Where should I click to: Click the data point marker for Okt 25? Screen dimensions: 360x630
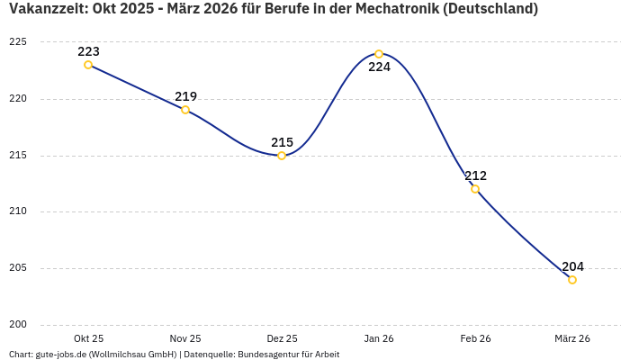coord(88,65)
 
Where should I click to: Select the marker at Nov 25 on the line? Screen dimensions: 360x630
coord(185,110)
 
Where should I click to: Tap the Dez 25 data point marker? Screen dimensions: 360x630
coord(282,156)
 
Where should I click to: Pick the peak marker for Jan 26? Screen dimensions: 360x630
coord(379,54)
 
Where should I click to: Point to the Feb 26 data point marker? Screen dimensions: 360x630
coord(475,189)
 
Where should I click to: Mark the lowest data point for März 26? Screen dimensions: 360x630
coord(572,280)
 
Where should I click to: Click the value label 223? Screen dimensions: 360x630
coord(88,51)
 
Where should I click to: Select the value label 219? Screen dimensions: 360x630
coord(185,96)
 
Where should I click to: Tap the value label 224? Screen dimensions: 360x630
coord(379,67)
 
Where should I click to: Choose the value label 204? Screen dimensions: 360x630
coord(572,266)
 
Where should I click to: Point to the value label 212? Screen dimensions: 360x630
coord(475,175)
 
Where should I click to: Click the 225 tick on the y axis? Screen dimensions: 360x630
coord(18,42)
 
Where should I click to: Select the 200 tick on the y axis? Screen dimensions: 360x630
coord(18,325)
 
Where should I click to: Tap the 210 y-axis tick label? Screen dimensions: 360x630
coord(18,211)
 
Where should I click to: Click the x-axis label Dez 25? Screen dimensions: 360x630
coord(282,338)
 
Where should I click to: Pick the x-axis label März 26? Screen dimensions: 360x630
coord(572,338)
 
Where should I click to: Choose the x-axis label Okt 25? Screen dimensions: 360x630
coord(88,338)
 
